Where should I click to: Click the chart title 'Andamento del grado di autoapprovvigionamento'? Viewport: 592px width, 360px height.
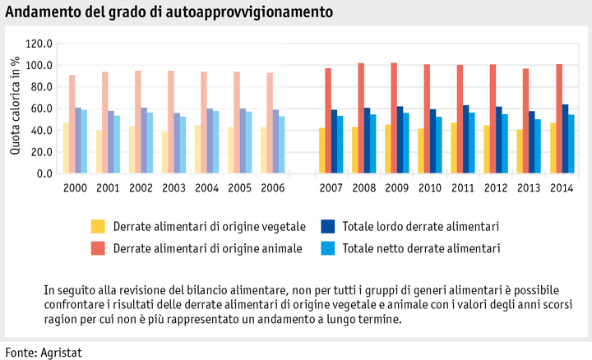click(169, 12)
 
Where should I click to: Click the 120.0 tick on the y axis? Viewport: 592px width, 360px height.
click(39, 44)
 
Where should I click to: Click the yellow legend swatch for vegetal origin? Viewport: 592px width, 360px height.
click(98, 226)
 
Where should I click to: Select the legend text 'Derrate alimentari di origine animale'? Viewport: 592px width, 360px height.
click(209, 247)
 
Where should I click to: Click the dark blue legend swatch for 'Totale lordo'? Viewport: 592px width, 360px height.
click(326, 226)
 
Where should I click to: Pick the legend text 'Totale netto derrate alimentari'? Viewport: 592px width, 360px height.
click(422, 247)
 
